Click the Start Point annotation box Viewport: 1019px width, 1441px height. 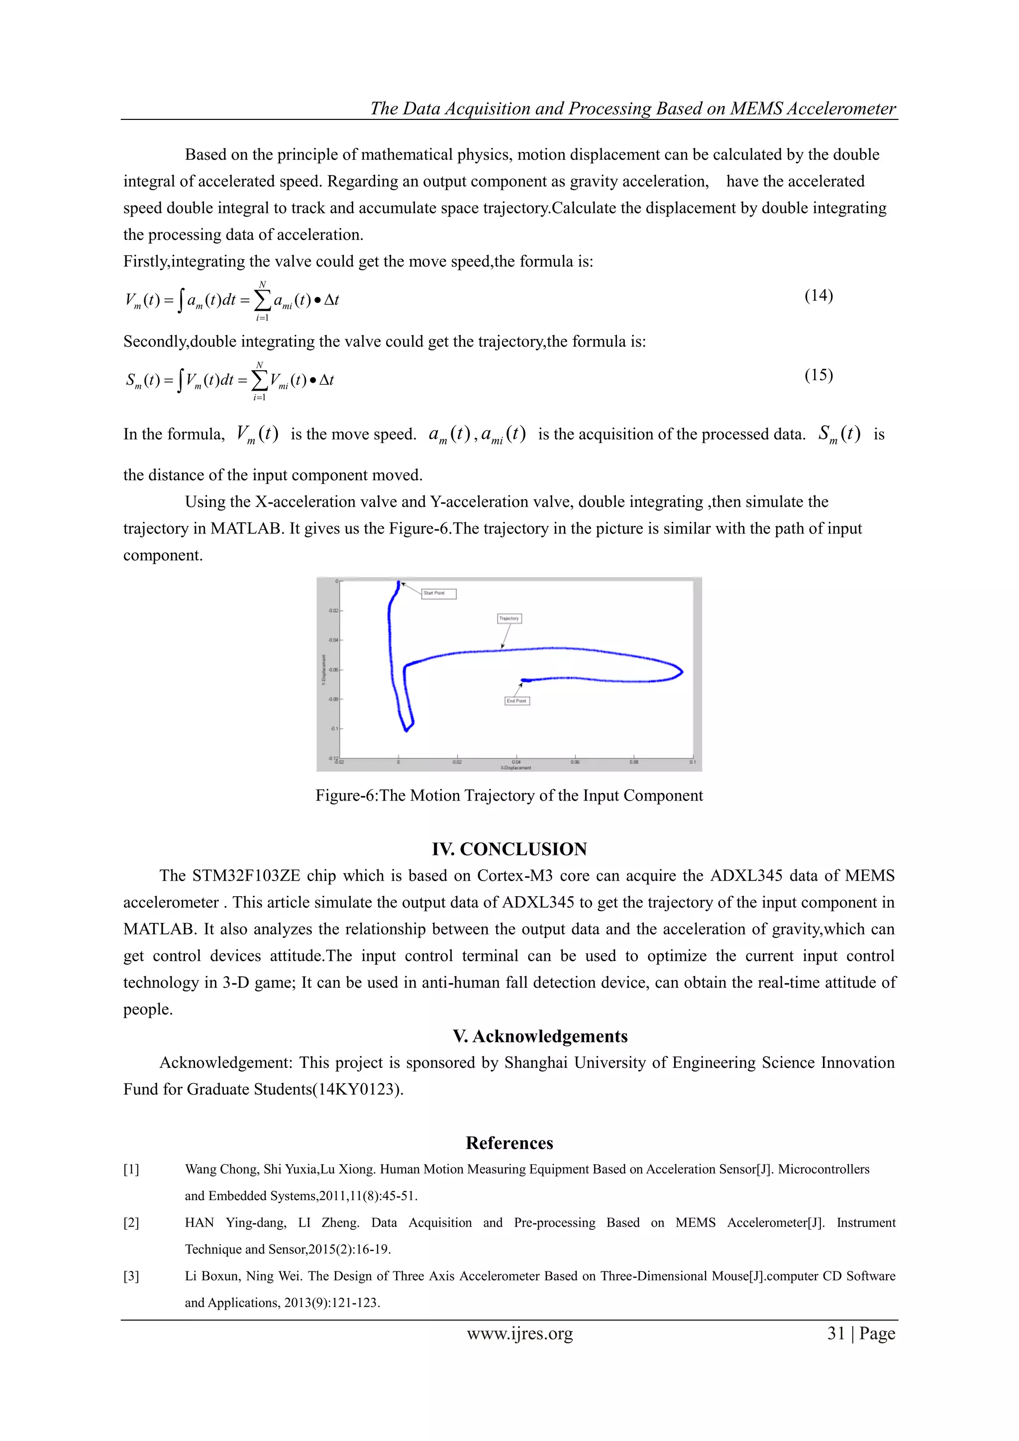click(438, 593)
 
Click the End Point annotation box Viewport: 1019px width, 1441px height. click(517, 701)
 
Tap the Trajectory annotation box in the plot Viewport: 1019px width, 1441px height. click(509, 618)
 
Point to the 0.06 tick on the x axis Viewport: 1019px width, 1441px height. click(575, 761)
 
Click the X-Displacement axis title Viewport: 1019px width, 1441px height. click(516, 768)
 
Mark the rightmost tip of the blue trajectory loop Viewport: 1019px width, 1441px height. click(682, 672)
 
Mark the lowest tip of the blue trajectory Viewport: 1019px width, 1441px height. click(406, 730)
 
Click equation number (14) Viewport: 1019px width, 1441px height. click(818, 296)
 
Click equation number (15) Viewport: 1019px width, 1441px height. click(818, 375)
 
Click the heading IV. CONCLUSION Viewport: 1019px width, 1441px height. click(509, 849)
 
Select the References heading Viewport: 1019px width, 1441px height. click(509, 1143)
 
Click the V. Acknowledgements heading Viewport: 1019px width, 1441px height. click(540, 1036)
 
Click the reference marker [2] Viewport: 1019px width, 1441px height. click(131, 1223)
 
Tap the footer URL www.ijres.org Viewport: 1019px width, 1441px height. click(519, 1334)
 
